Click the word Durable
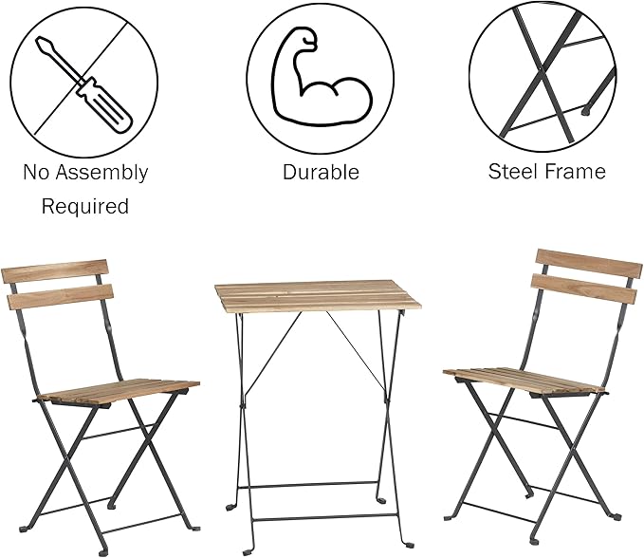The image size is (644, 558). (x=321, y=173)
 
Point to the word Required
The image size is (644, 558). (x=84, y=206)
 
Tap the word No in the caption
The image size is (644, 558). (x=36, y=173)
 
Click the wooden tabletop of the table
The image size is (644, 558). (x=317, y=296)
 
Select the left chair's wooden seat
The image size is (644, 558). (x=119, y=389)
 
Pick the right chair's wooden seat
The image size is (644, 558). (x=524, y=381)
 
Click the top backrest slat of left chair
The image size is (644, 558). (x=55, y=271)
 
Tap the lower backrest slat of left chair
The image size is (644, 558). (x=59, y=296)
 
